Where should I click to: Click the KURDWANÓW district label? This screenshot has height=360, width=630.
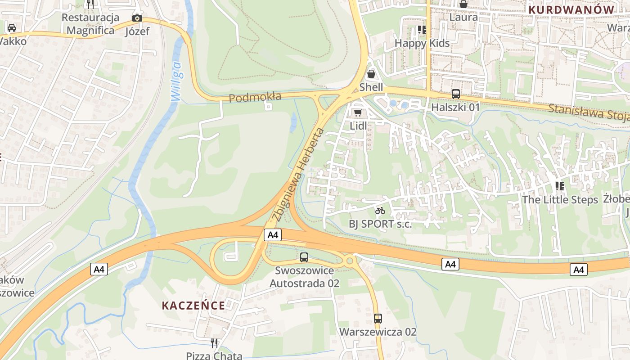click(x=571, y=9)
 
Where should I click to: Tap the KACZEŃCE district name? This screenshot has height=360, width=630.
click(x=193, y=306)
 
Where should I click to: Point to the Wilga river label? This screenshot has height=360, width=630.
click(x=175, y=81)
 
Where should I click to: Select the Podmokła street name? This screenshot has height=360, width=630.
click(x=255, y=97)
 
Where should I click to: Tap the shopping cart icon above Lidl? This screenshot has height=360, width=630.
click(x=358, y=112)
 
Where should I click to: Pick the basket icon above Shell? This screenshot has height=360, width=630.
click(x=371, y=73)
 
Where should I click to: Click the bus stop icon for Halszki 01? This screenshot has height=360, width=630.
click(x=455, y=94)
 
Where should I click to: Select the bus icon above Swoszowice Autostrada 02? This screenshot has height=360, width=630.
click(x=304, y=257)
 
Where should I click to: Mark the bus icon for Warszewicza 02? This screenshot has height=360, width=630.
click(x=378, y=319)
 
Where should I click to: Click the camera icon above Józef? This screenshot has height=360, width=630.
click(x=137, y=18)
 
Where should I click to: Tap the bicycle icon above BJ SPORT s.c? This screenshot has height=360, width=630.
click(x=380, y=211)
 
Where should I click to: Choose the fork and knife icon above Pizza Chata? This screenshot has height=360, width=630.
click(x=214, y=343)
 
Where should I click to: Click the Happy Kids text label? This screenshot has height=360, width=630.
click(x=422, y=43)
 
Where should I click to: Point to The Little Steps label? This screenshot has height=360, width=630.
click(x=560, y=199)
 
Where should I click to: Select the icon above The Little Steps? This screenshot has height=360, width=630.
click(x=560, y=186)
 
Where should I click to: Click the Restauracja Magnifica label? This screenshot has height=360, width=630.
click(x=90, y=24)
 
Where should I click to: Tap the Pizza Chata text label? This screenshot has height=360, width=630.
click(x=214, y=355)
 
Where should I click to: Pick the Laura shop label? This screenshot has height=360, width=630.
click(x=463, y=17)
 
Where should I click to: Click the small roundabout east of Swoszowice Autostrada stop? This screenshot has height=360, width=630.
click(x=349, y=260)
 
